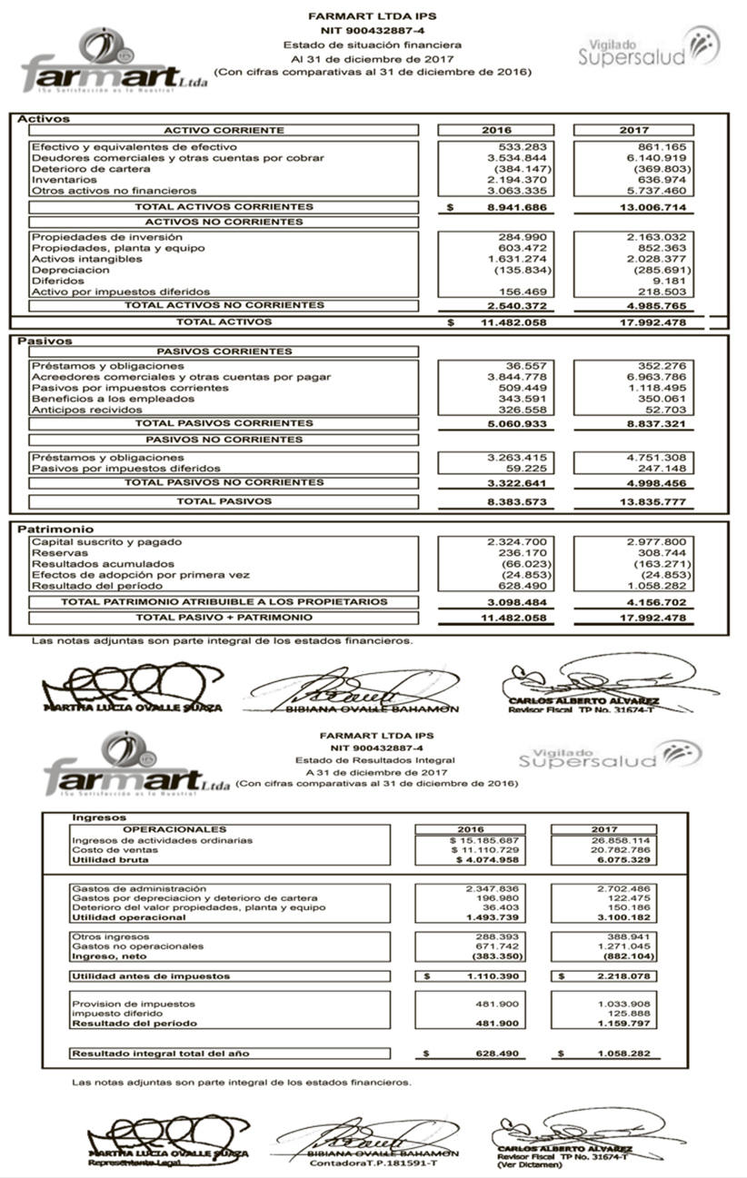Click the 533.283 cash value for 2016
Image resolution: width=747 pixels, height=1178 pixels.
coord(520,146)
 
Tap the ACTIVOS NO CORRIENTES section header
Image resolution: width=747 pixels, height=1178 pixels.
coord(224,222)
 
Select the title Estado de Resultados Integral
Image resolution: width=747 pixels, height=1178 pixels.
coord(373,759)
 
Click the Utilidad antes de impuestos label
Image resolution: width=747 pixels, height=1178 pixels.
coord(150,976)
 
